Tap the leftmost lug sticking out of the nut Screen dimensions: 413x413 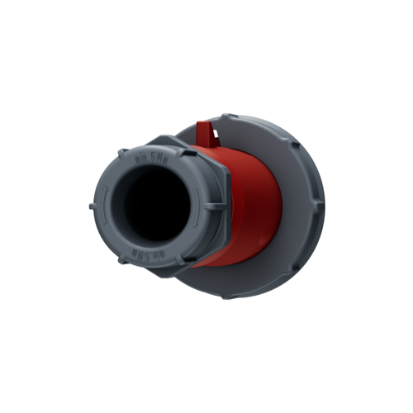88,204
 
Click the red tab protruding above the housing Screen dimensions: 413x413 205,132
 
